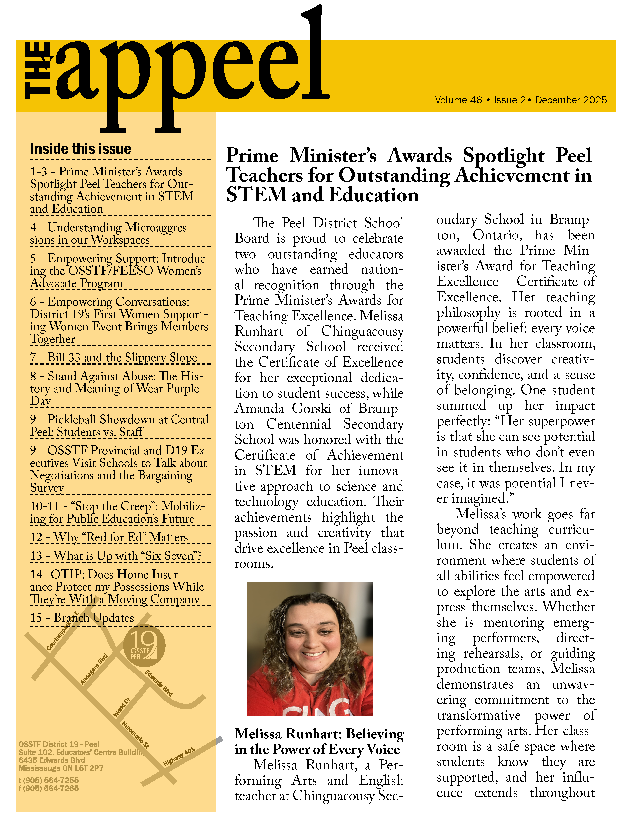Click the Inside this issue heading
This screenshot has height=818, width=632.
(81, 149)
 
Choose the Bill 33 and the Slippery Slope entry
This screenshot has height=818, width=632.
(114, 358)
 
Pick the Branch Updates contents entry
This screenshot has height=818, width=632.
(82, 618)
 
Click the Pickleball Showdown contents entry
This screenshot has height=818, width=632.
(119, 425)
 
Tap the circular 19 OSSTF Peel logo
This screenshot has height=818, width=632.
(144, 645)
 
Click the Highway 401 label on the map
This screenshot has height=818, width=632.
(179, 756)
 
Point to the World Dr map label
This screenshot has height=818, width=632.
(122, 707)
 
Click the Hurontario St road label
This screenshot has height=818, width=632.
(136, 734)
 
